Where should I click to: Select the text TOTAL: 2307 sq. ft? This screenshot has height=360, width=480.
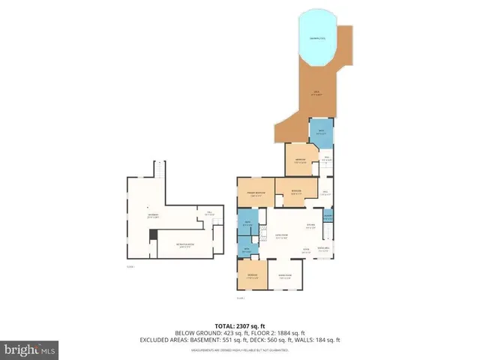pos(239,326)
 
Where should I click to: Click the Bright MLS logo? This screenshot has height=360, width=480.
pos(29,349)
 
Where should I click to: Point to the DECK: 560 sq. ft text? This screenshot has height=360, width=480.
pos(286,340)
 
